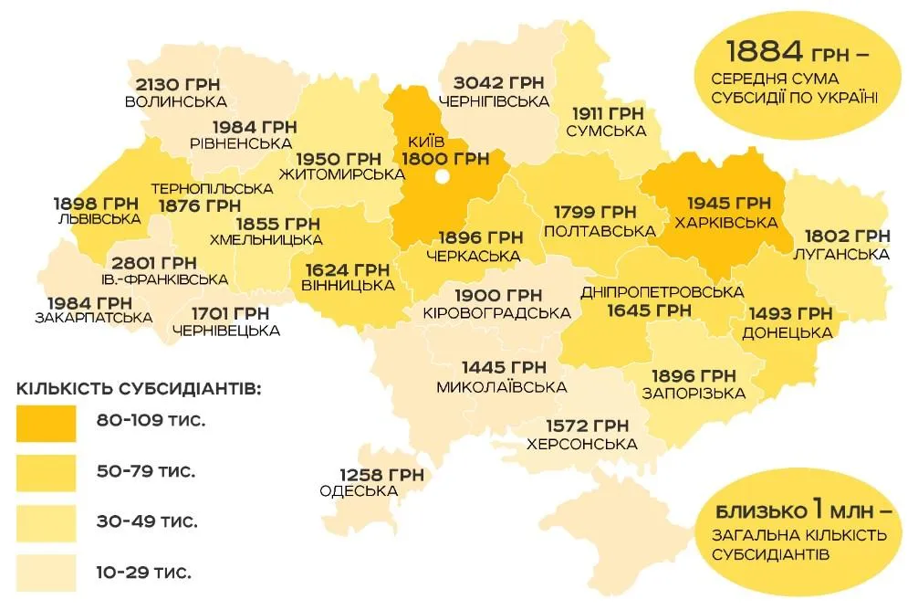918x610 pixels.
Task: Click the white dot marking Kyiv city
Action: pos(443,177)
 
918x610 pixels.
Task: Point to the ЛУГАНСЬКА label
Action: pos(842,254)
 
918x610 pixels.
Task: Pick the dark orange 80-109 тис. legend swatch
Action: pos(46,422)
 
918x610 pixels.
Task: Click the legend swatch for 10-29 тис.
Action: pos(46,573)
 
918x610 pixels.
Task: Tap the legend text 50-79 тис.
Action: pos(147,472)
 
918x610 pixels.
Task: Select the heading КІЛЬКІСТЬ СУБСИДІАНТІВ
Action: pos(139,389)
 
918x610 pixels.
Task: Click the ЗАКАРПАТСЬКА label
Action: pos(93,318)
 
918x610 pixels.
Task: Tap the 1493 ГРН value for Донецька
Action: pos(790,314)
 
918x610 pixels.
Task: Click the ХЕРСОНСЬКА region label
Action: pos(581,445)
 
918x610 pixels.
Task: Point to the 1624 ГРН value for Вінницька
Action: pos(348,269)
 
